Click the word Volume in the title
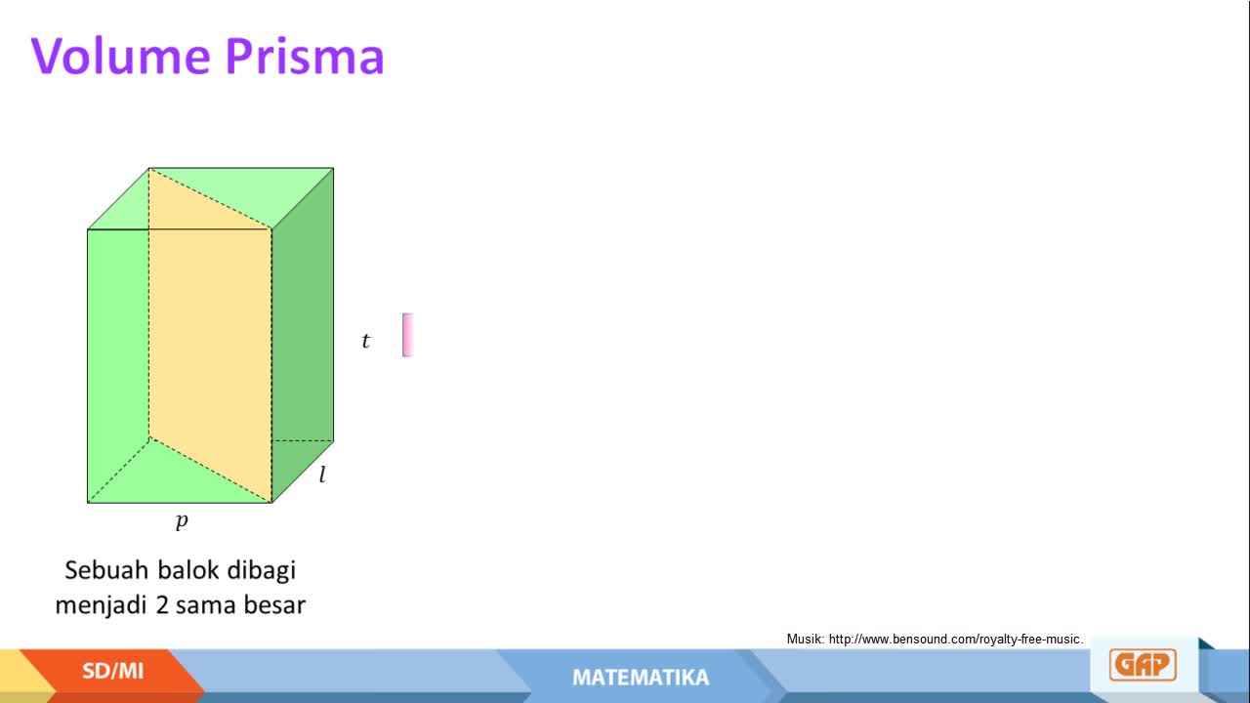120,56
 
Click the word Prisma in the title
305,56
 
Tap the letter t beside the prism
365,341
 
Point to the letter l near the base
322,475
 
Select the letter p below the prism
182,520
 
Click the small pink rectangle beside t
407,335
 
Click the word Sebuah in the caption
107,570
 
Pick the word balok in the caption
188,570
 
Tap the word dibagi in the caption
261,571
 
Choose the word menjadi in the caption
102,605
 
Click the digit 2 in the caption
162,605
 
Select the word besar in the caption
274,604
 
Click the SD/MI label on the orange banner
112,671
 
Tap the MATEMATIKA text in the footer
641,678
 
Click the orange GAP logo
1143,665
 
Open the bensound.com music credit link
956,640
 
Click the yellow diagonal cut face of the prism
210,335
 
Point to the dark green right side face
303,335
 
